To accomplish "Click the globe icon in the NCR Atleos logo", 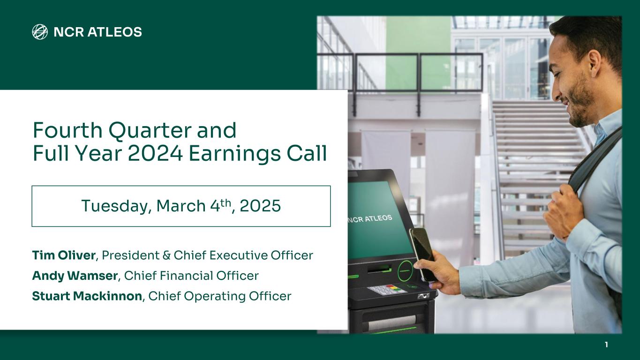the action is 40,32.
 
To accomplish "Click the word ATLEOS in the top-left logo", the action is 114,32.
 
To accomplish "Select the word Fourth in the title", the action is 68,130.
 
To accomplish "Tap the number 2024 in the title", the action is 155,153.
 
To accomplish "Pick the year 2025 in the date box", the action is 260,206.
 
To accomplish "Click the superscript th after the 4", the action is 226,203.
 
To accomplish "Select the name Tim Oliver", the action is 64,255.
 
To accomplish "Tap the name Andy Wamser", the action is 75,276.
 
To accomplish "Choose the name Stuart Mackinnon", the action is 87,296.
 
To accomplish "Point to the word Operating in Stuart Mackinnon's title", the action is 215,297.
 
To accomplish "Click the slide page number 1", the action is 606,345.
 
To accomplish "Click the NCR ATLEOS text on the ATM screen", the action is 370,219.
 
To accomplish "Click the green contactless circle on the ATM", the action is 406,270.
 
